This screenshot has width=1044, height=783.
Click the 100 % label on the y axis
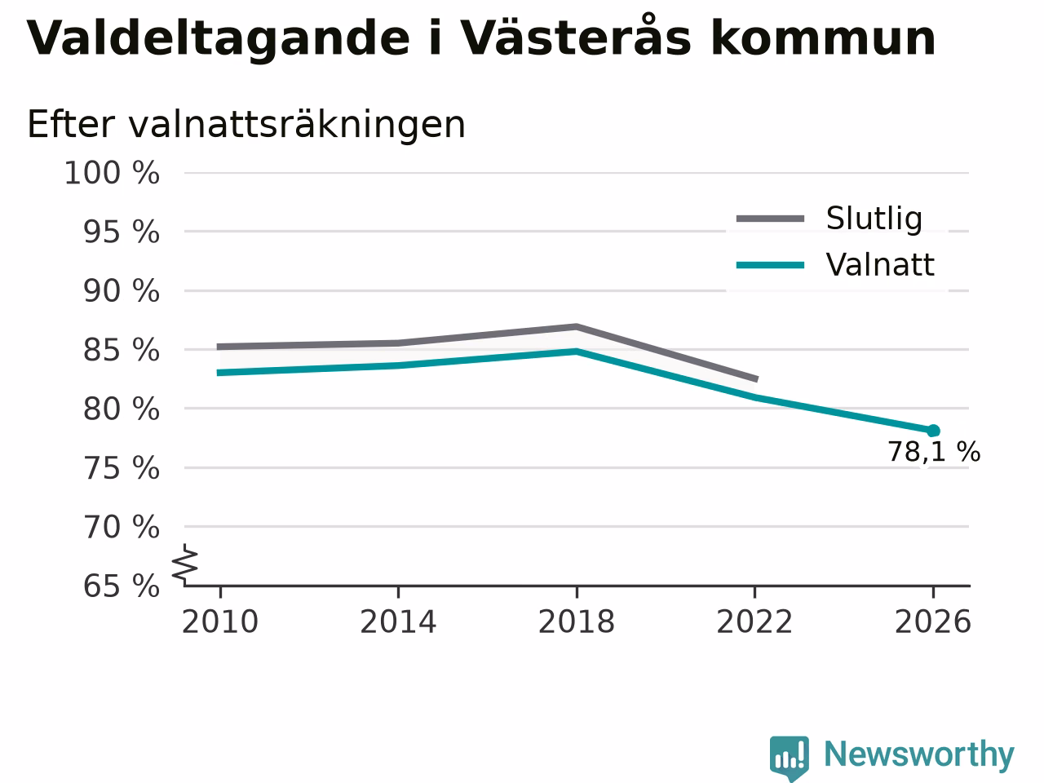coord(112,173)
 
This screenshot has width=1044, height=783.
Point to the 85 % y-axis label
coord(122,351)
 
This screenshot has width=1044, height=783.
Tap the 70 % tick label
coord(122,528)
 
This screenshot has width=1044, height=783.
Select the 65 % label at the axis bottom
coord(122,586)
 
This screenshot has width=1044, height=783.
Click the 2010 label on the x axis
coord(219,622)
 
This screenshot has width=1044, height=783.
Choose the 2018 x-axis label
coord(577,622)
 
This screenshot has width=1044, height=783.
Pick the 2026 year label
coord(933,622)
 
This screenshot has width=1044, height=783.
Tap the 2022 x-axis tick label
coord(754,622)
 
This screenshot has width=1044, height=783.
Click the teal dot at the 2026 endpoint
coord(933,431)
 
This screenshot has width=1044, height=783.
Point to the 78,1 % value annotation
coord(934,452)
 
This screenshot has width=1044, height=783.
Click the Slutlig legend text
coord(874,219)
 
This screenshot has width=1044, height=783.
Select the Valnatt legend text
coord(880,265)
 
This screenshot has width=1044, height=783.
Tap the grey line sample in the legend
coord(770,219)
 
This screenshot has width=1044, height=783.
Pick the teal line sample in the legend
coord(770,265)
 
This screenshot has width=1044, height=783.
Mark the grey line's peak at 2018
coord(577,327)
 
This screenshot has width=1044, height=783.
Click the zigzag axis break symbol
coord(185,564)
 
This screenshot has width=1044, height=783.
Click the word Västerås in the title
coord(576,37)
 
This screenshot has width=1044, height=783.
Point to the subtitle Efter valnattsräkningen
coord(246,125)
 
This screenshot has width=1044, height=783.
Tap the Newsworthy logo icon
coord(789,758)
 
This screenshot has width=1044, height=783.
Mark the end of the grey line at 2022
coord(757,379)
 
